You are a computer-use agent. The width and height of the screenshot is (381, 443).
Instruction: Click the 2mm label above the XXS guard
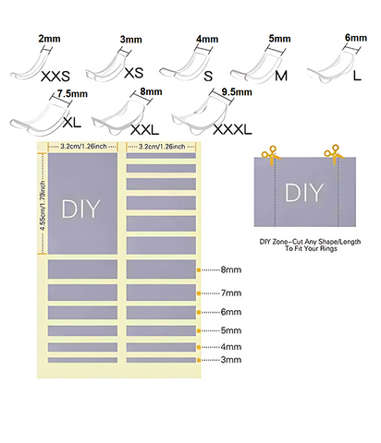(49, 39)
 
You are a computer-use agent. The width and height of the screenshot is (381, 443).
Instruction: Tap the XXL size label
(144, 130)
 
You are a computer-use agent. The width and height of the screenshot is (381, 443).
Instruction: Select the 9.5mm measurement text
(237, 92)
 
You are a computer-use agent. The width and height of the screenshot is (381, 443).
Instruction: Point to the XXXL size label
(232, 130)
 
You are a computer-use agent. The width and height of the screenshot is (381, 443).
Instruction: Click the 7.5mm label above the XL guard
(72, 93)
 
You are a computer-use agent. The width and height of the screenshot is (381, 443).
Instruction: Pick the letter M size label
(281, 76)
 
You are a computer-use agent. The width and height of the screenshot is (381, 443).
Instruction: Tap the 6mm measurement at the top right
(356, 38)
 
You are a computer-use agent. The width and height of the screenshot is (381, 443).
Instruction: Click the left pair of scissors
(270, 155)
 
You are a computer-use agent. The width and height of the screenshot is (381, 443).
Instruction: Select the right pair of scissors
(334, 154)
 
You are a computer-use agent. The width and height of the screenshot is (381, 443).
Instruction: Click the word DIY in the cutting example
(303, 193)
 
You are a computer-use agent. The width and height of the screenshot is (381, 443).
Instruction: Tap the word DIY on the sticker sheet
(81, 209)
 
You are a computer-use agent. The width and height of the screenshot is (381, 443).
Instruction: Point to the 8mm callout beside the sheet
(231, 269)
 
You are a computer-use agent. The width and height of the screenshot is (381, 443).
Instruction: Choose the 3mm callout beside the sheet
(231, 360)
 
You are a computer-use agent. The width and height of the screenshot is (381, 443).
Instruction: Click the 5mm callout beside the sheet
(231, 330)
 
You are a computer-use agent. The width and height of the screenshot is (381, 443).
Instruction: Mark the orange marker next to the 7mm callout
(199, 293)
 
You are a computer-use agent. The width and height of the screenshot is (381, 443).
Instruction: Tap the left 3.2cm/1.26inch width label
(83, 146)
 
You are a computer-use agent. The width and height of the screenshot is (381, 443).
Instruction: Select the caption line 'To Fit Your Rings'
(311, 248)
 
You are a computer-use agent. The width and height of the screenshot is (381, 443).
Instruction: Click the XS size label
(134, 73)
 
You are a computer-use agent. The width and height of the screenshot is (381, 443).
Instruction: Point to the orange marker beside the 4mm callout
(199, 347)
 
